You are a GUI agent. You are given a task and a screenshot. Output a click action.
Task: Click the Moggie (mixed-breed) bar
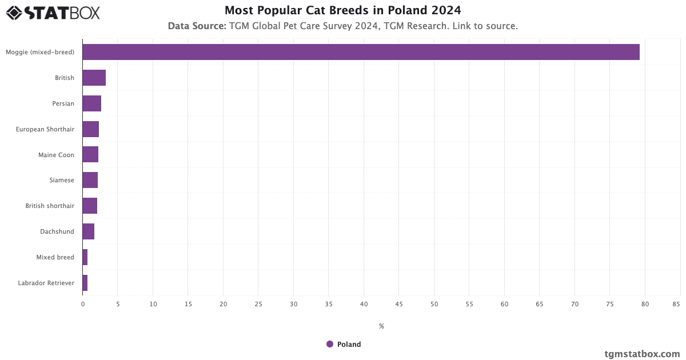[361, 52]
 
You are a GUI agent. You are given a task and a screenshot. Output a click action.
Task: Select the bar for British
[94, 78]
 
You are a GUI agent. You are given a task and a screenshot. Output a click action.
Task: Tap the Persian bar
[92, 103]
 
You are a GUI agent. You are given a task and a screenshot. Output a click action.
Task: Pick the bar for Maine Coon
[90, 154]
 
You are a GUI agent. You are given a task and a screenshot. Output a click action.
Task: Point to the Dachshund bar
[89, 231]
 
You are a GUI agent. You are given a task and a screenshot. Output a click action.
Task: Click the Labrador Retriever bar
[85, 283]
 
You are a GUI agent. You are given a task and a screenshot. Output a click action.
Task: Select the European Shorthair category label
[45, 129]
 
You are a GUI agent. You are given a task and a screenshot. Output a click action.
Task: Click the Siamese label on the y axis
[62, 180]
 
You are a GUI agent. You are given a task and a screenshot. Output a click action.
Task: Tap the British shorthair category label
[50, 206]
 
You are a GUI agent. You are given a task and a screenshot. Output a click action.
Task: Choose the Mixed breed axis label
[55, 257]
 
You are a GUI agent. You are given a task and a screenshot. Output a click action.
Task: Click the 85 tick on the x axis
[676, 304]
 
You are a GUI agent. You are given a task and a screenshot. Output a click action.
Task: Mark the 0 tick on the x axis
[83, 304]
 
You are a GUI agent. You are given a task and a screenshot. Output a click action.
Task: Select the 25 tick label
[258, 304]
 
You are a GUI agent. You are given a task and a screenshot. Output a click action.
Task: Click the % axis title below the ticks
[381, 326]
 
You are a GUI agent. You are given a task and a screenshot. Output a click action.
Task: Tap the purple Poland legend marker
[330, 344]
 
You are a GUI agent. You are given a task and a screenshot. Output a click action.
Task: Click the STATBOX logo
[53, 13]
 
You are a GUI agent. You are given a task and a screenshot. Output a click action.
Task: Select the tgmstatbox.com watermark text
[642, 354]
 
